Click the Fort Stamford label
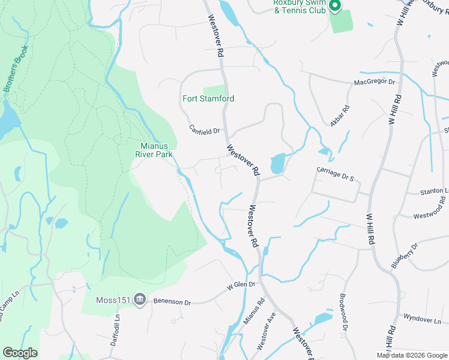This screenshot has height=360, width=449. click(x=208, y=98)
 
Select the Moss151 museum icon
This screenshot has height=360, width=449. click(x=140, y=299)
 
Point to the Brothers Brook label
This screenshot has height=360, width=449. click(x=16, y=70)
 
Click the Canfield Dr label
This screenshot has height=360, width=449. click(x=205, y=129)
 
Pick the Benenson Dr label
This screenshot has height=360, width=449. click(x=172, y=302)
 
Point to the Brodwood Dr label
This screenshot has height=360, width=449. click(x=343, y=312)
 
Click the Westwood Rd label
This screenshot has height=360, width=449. click(x=430, y=212)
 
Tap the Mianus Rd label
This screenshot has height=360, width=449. click(x=253, y=313)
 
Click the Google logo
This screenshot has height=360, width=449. click(x=20, y=353)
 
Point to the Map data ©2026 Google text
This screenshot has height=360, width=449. click(x=411, y=355)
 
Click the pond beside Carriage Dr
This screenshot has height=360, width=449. click(x=277, y=163)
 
